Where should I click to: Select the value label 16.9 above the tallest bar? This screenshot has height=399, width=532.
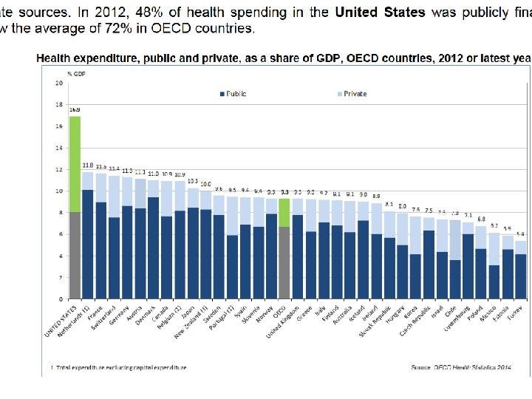pos(75,110)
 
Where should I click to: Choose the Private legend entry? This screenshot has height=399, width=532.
pos(352,94)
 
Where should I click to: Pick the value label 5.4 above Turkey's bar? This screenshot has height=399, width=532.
pos(521,235)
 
